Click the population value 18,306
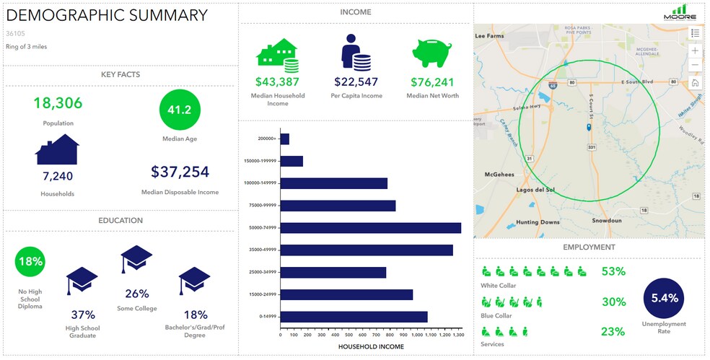tap(58, 103)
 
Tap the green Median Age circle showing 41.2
tap(180, 110)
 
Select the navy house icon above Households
tap(57, 149)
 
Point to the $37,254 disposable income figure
tap(180, 172)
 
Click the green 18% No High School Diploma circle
tap(30, 261)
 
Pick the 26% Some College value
tap(137, 294)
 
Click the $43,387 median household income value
tap(278, 82)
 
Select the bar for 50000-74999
tap(371, 228)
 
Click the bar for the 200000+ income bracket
tap(285, 139)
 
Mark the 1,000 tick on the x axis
tap(413, 335)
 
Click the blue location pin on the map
tap(590, 127)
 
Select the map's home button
tap(695, 83)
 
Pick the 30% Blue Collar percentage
tap(613, 302)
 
